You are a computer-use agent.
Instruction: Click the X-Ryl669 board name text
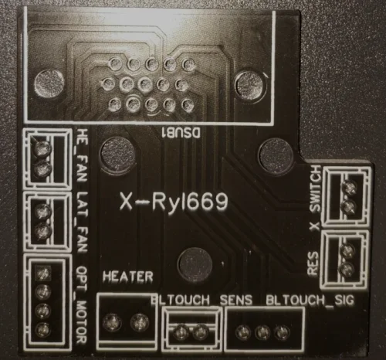(x=174, y=202)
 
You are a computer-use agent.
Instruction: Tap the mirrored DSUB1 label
(x=181, y=133)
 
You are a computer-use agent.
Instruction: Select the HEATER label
(x=128, y=277)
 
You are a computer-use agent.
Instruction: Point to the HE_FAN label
(x=82, y=155)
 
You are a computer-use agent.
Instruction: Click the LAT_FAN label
(x=82, y=222)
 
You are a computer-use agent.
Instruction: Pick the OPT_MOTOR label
(x=82, y=304)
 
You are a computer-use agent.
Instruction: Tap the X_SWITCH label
(x=315, y=198)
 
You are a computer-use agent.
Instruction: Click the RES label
(x=313, y=263)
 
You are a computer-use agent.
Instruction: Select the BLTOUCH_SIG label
(x=310, y=301)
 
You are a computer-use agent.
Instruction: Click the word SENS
(x=236, y=300)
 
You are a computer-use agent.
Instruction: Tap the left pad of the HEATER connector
(x=112, y=322)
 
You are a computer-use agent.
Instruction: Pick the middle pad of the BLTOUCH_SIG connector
(x=262, y=332)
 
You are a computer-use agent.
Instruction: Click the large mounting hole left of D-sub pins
(x=49, y=83)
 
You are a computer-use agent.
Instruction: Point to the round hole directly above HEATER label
(x=117, y=155)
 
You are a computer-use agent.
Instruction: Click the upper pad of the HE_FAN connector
(x=42, y=148)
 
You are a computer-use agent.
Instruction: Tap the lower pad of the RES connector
(x=347, y=268)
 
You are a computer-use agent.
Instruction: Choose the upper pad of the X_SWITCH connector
(x=350, y=188)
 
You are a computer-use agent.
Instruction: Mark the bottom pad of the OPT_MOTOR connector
(x=42, y=329)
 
